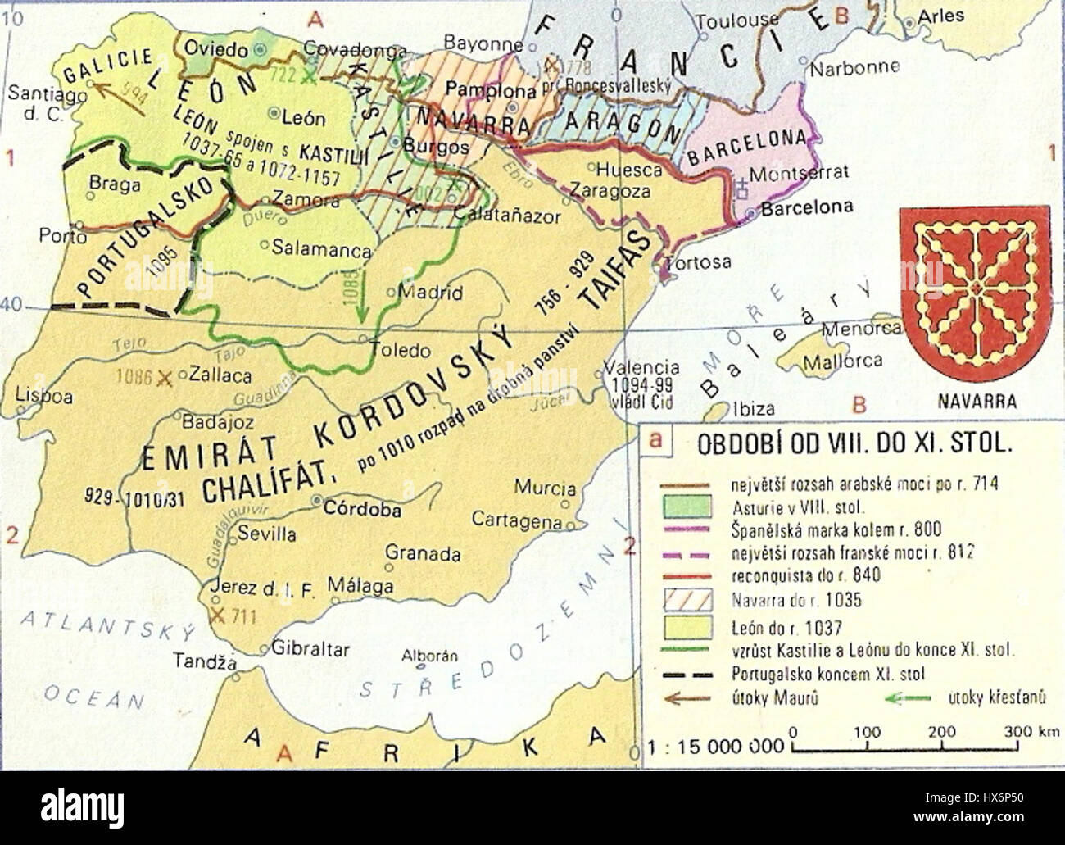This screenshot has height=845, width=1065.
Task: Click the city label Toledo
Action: pyautogui.click(x=401, y=351)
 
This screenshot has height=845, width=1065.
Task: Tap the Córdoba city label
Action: pyautogui.click(x=363, y=509)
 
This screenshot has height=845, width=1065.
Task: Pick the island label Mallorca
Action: pyautogui.click(x=842, y=361)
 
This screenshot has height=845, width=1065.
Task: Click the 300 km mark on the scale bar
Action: pyautogui.click(x=1018, y=733)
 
